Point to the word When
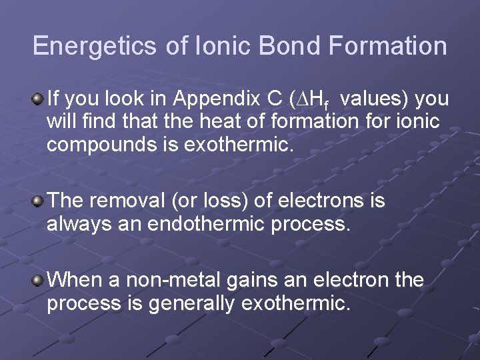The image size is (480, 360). [73, 279]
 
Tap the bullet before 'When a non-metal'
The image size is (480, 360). [38, 279]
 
